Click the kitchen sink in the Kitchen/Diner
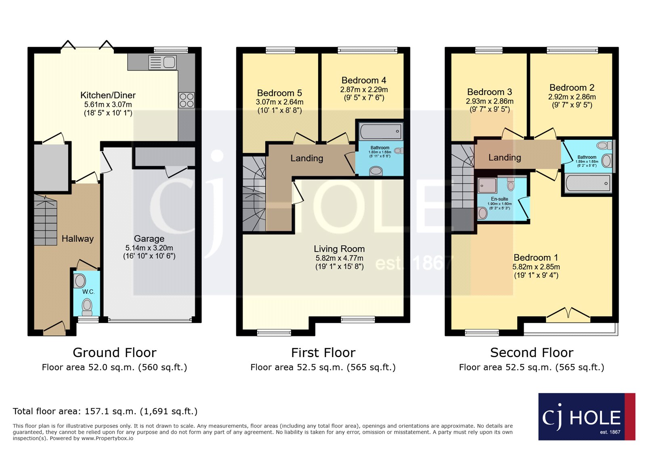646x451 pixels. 162,62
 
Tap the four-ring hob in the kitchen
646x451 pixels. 187,100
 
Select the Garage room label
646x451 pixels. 149,239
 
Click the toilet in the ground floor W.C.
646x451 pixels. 87,306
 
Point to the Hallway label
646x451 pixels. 78,239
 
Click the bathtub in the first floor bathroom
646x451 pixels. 380,131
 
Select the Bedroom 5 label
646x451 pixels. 279,93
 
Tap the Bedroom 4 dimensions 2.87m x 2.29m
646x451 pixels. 364,90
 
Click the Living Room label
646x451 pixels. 339,249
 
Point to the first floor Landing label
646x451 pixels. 307,158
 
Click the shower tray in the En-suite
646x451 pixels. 487,186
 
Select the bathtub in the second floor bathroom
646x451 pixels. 588,183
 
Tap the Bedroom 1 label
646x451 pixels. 536,258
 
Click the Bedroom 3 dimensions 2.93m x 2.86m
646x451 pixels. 490,102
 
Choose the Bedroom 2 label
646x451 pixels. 572,87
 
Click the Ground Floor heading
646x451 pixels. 115,353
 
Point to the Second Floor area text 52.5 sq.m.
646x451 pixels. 531,368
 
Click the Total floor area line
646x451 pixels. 105,412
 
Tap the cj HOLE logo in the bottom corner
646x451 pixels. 586,417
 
